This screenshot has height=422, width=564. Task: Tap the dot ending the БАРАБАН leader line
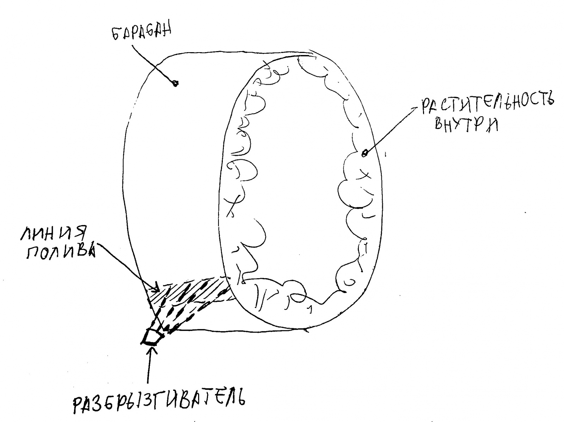tap(175, 84)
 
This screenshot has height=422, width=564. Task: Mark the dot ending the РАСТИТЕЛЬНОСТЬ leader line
tap(365, 153)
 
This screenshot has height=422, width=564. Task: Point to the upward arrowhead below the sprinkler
tap(152, 351)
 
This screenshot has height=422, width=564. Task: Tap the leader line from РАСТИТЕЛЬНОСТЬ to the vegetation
tap(391, 130)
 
